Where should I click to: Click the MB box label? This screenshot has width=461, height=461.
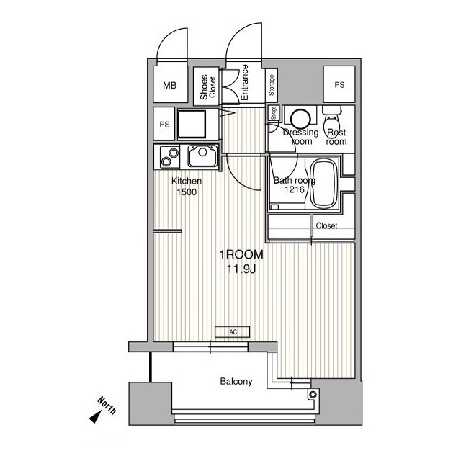(x=169, y=86)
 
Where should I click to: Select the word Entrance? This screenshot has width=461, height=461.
(x=245, y=81)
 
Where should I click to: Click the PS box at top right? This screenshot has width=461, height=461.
(x=339, y=86)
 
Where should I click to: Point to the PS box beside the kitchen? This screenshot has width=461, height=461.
(x=164, y=123)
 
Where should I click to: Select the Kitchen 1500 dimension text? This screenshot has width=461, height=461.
(x=186, y=187)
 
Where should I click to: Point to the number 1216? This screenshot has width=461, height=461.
(x=294, y=190)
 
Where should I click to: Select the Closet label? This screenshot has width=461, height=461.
(x=326, y=225)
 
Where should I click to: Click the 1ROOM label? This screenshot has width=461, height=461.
(x=241, y=255)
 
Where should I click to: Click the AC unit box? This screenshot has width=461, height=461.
(x=233, y=332)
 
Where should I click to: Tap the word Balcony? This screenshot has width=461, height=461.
(x=236, y=382)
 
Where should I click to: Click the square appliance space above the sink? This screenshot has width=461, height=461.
(x=194, y=125)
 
